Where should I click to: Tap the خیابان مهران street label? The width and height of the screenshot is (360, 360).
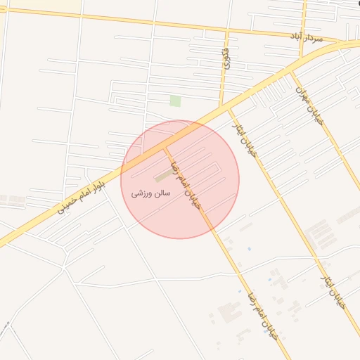pyautogui.click(x=310, y=104)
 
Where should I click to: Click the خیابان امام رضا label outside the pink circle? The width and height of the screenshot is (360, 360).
pyautogui.click(x=264, y=314)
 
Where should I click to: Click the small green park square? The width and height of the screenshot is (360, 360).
pyautogui.click(x=175, y=101)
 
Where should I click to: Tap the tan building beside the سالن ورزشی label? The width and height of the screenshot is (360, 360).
pyautogui.click(x=162, y=176)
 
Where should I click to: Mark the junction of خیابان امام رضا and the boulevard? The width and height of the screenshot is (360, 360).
pyautogui.click(x=166, y=147)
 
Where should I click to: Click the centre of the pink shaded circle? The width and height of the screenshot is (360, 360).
pyautogui.click(x=180, y=179)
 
